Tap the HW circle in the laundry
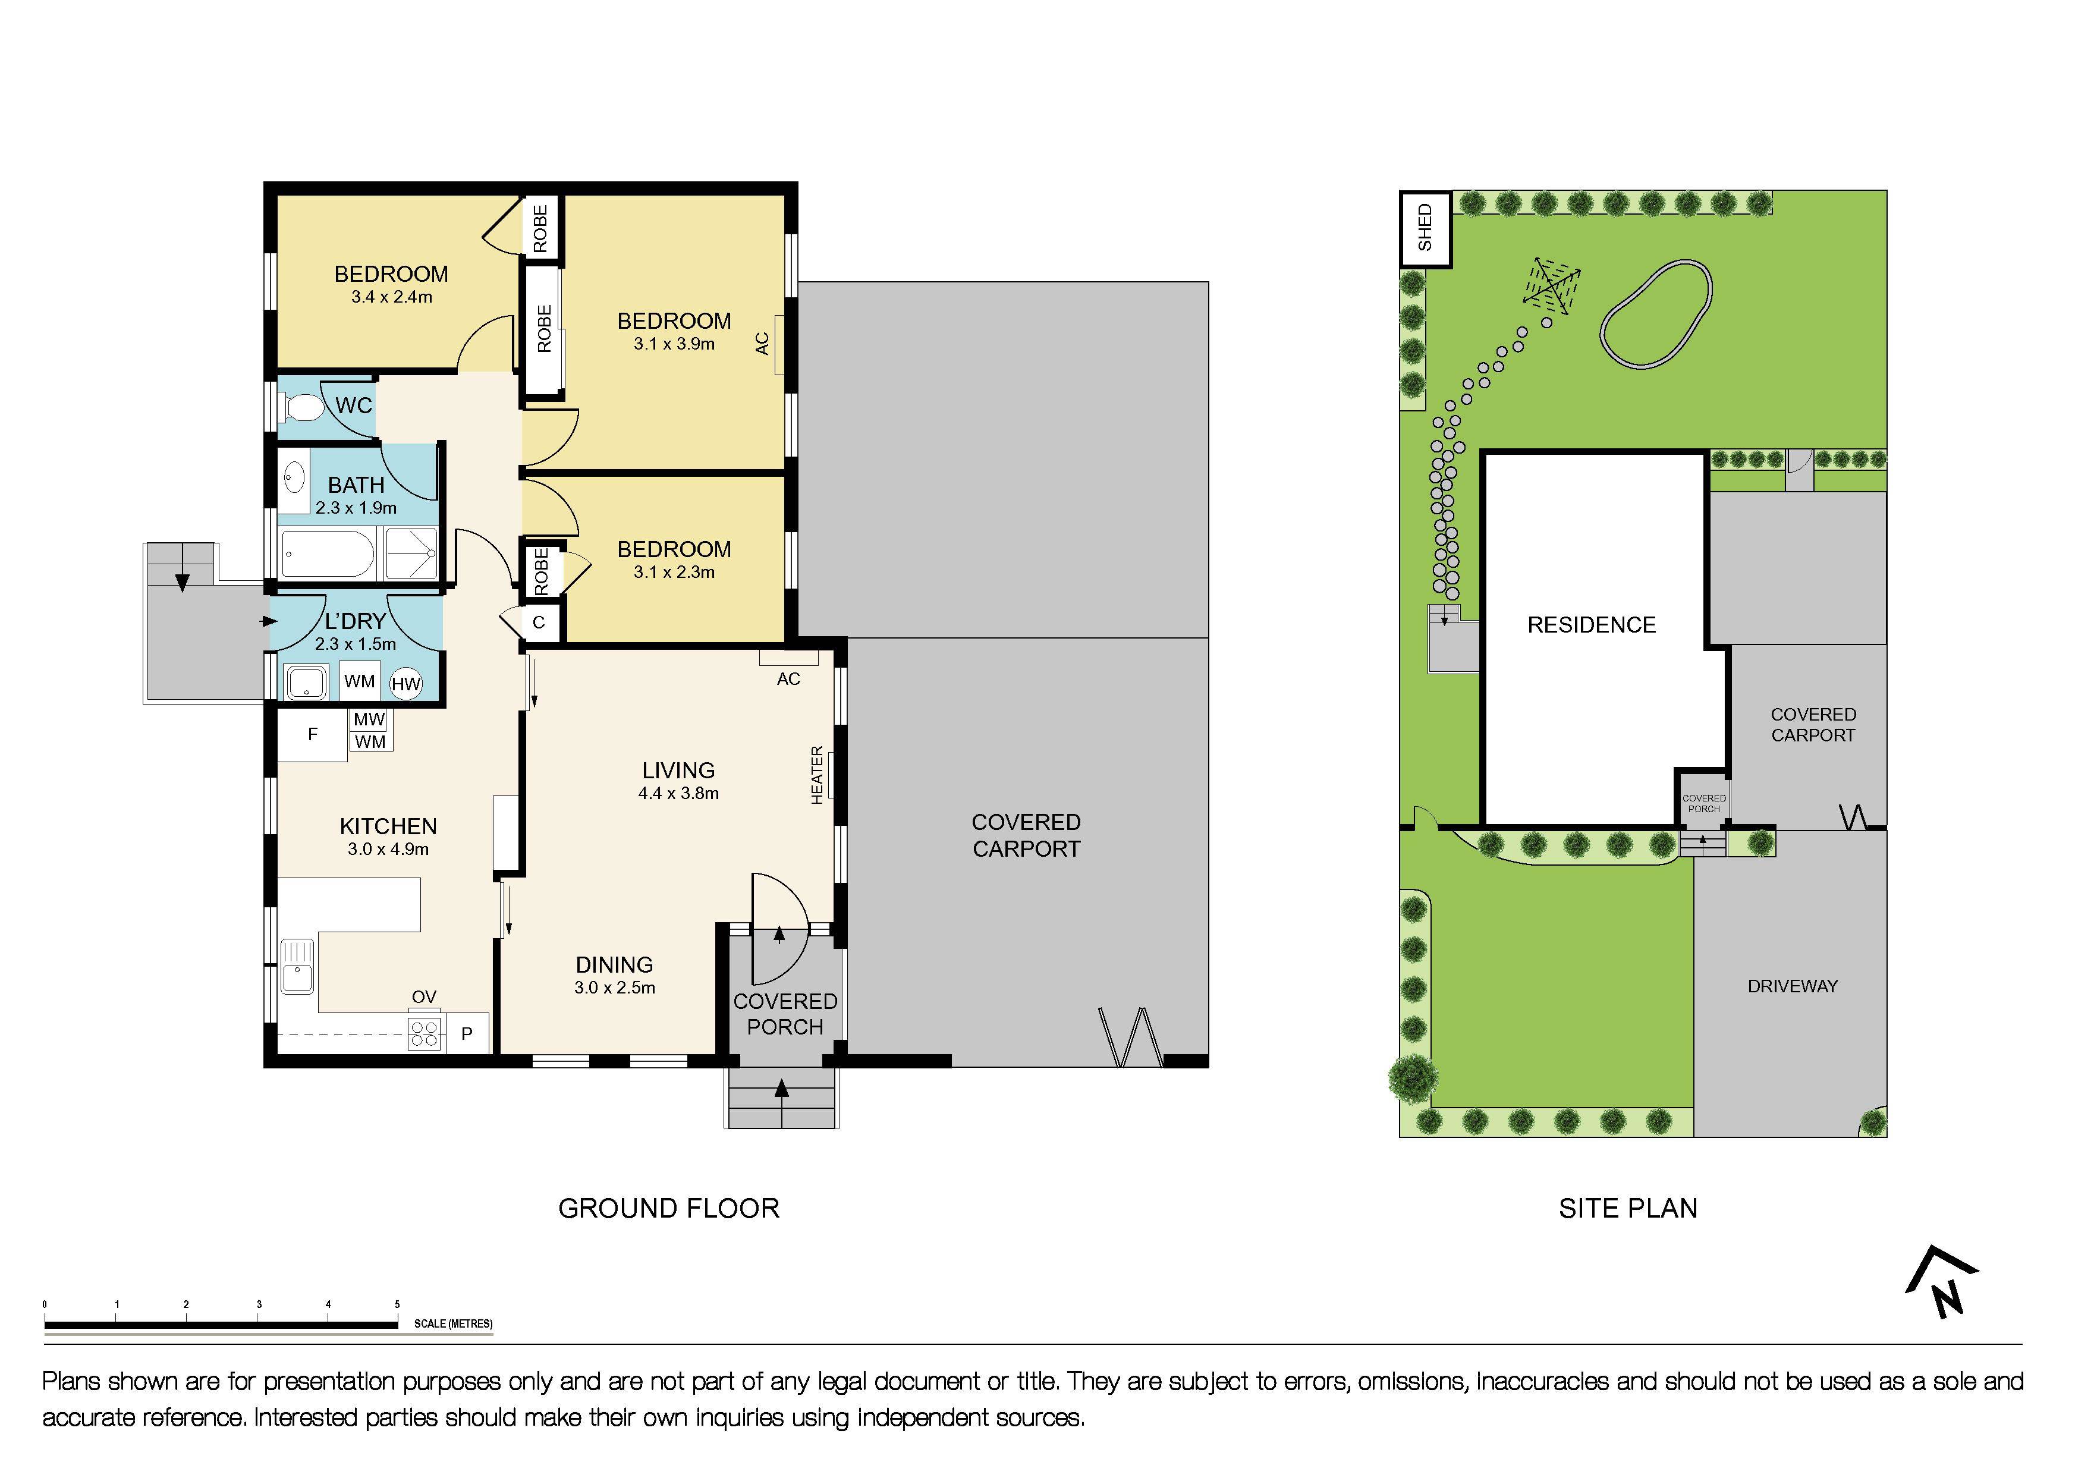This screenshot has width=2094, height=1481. (x=406, y=684)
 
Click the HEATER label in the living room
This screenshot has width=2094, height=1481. (x=817, y=775)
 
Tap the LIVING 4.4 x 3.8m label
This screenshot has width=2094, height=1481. (x=678, y=781)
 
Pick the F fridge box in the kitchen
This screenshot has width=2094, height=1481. (x=312, y=735)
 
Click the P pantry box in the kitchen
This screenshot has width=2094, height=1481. (x=467, y=1034)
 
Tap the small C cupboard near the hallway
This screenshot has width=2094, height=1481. (x=539, y=623)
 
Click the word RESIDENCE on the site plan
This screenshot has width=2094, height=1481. (x=1592, y=625)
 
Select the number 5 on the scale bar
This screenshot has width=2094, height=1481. (x=397, y=1305)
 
